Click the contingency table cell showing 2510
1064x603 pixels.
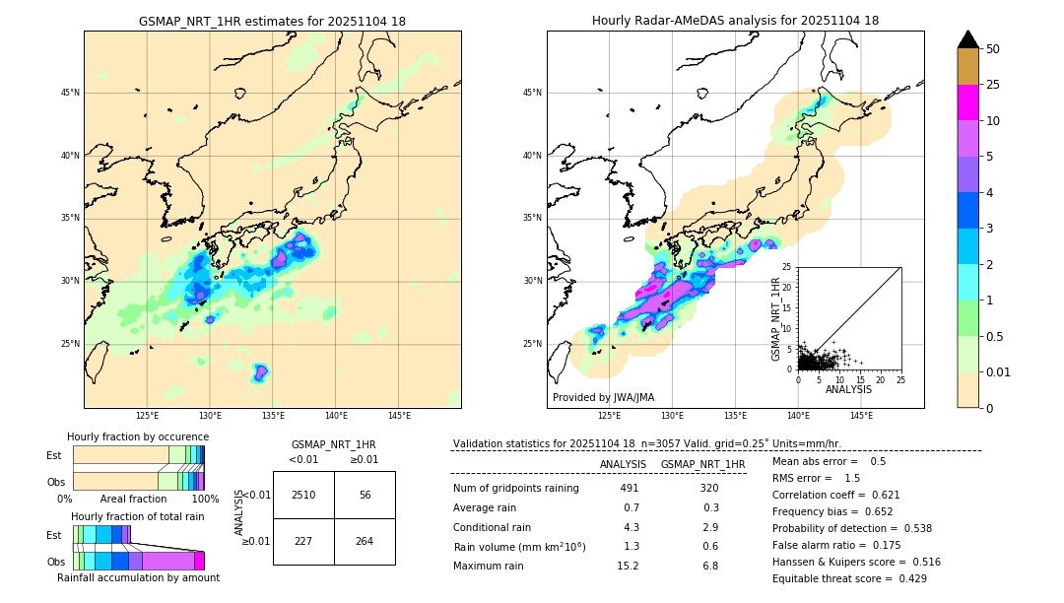(303, 495)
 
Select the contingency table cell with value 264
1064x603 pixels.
(365, 541)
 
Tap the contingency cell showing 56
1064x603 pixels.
(365, 495)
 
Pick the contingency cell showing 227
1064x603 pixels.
(303, 541)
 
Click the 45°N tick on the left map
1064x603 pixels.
(70, 93)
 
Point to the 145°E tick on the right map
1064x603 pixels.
(861, 416)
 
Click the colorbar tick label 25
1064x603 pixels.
(993, 85)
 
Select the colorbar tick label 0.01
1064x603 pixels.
(999, 371)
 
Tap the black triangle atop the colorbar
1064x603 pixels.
(968, 39)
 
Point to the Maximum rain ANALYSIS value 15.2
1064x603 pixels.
(628, 566)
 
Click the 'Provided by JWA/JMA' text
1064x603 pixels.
(603, 397)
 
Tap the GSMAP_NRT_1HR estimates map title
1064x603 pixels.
(272, 21)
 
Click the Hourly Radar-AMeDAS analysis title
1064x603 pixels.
(735, 21)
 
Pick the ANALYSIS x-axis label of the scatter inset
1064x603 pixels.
(848, 389)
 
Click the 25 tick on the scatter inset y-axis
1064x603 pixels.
(787, 267)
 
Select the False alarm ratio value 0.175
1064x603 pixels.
(882, 545)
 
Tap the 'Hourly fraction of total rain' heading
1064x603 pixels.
(138, 516)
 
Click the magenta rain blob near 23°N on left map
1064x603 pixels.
(260, 372)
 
